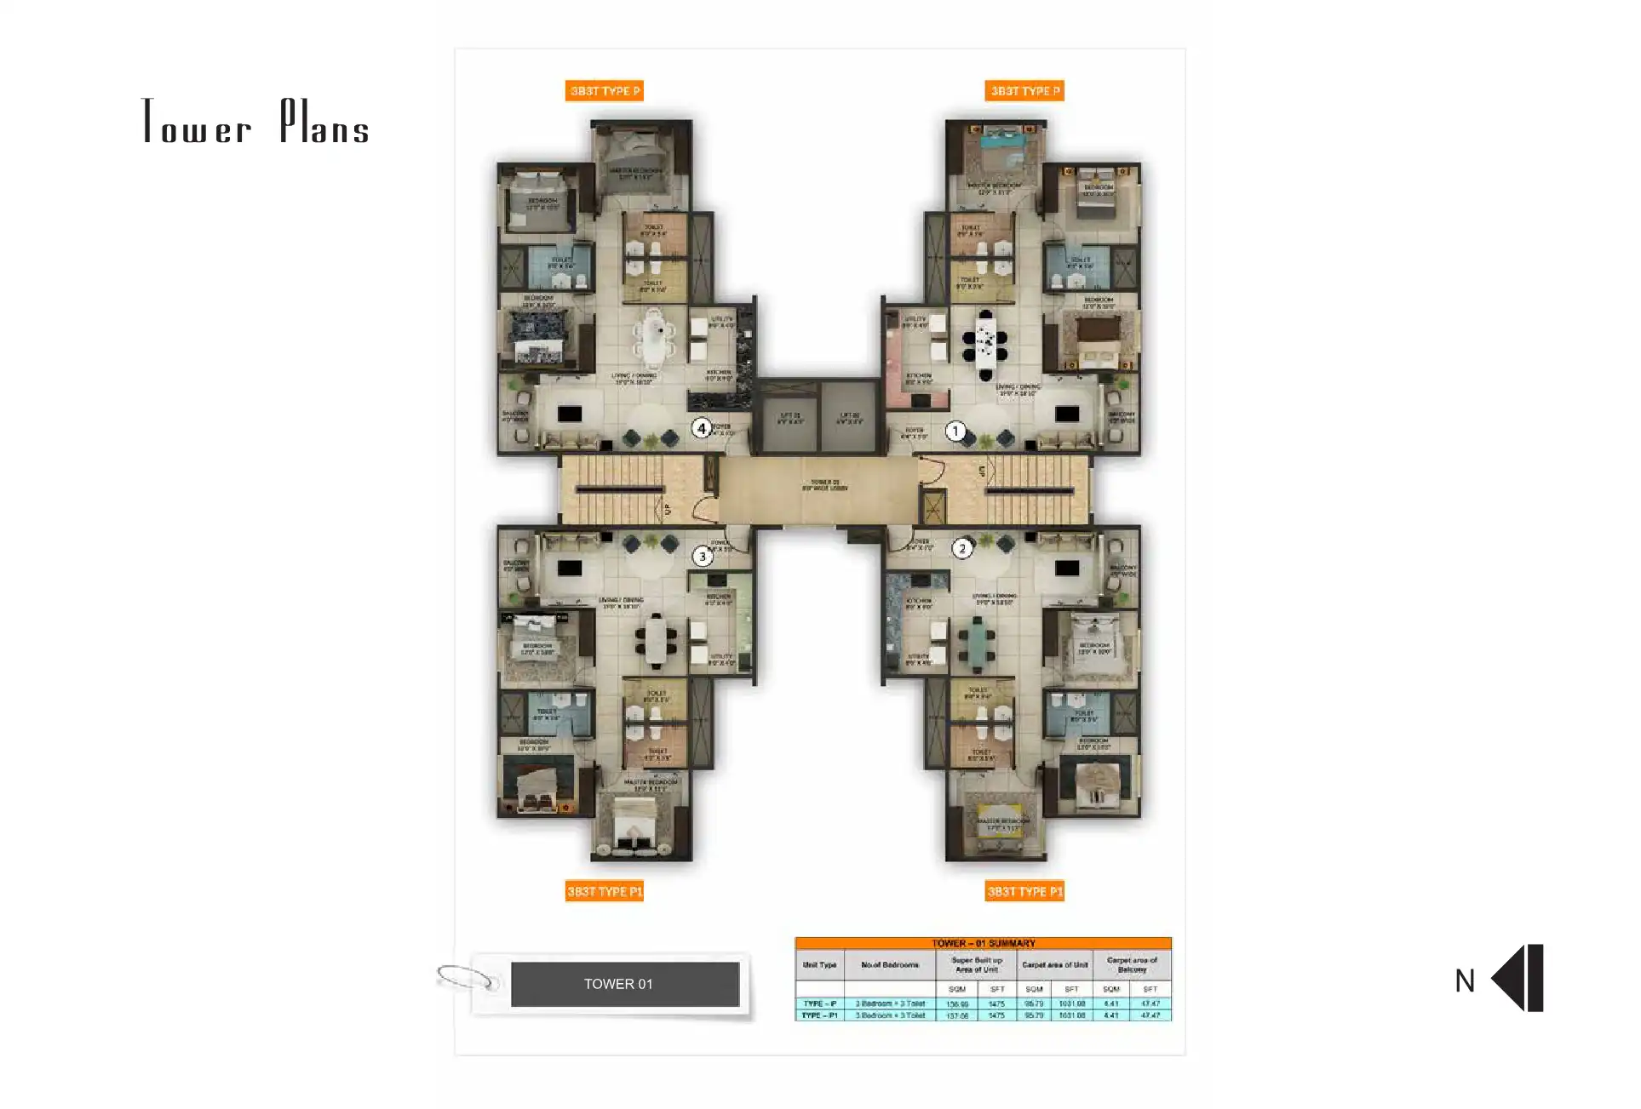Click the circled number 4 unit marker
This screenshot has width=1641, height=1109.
tap(701, 429)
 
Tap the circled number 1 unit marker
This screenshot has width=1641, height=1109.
tap(955, 432)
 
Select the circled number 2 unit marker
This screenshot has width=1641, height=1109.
tap(962, 548)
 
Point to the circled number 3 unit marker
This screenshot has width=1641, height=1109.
tap(703, 557)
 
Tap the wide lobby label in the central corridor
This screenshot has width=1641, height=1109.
tap(824, 486)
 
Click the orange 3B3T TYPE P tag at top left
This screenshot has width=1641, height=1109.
tap(604, 91)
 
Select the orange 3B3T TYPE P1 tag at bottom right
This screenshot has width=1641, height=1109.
tap(1024, 891)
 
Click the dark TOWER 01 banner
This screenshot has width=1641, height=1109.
tap(624, 984)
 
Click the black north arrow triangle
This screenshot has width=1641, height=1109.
tap(1510, 978)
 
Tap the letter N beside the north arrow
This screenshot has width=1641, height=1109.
tap(1464, 981)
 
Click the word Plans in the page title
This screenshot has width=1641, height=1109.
tap(324, 123)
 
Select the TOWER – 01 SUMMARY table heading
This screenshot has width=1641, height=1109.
tap(983, 943)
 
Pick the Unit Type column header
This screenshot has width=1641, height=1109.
tap(819, 965)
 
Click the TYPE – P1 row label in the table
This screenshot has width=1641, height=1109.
tap(819, 1015)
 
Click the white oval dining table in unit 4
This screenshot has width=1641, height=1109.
tap(654, 336)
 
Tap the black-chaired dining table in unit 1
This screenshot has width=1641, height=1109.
tap(985, 344)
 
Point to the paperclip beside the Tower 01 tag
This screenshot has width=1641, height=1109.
tap(467, 978)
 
